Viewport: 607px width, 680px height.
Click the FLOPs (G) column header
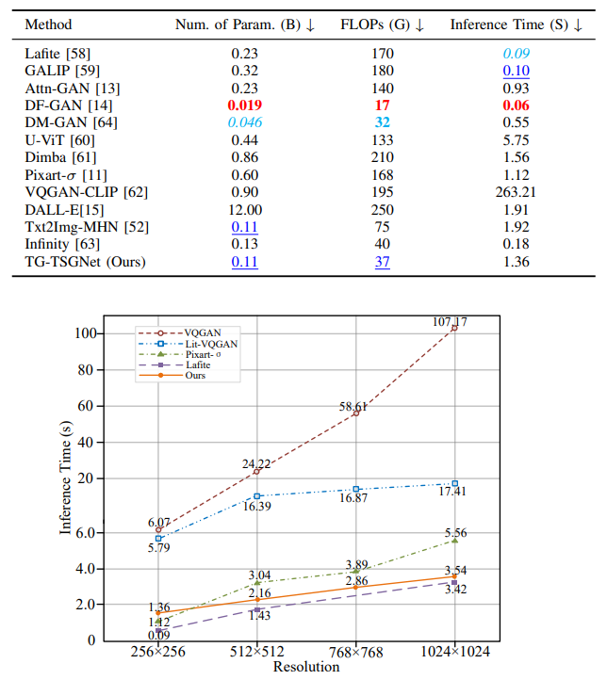[x=382, y=24]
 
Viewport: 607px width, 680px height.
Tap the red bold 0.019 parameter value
[x=244, y=106]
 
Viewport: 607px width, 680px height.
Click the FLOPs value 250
[x=382, y=209]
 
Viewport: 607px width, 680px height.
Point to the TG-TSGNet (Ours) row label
[x=86, y=262]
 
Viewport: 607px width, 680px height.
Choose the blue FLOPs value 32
[x=382, y=123]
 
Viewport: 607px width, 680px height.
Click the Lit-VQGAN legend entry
[x=211, y=345]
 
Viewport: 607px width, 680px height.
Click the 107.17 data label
[x=449, y=321]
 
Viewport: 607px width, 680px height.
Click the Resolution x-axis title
[x=306, y=667]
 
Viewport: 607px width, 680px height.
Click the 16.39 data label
[x=257, y=507]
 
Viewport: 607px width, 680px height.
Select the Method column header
[x=48, y=24]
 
